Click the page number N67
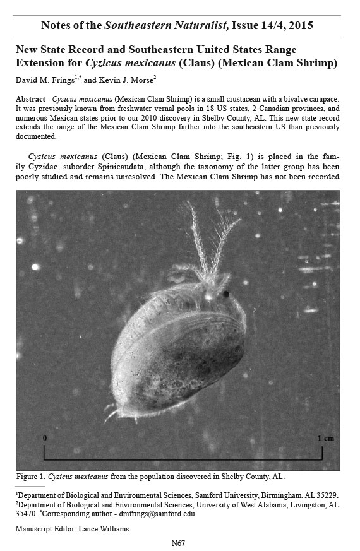point(179,543)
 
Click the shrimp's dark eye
point(225,293)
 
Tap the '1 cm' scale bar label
point(326,438)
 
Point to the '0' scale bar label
point(44,437)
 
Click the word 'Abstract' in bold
point(32,100)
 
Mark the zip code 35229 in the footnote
point(327,495)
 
